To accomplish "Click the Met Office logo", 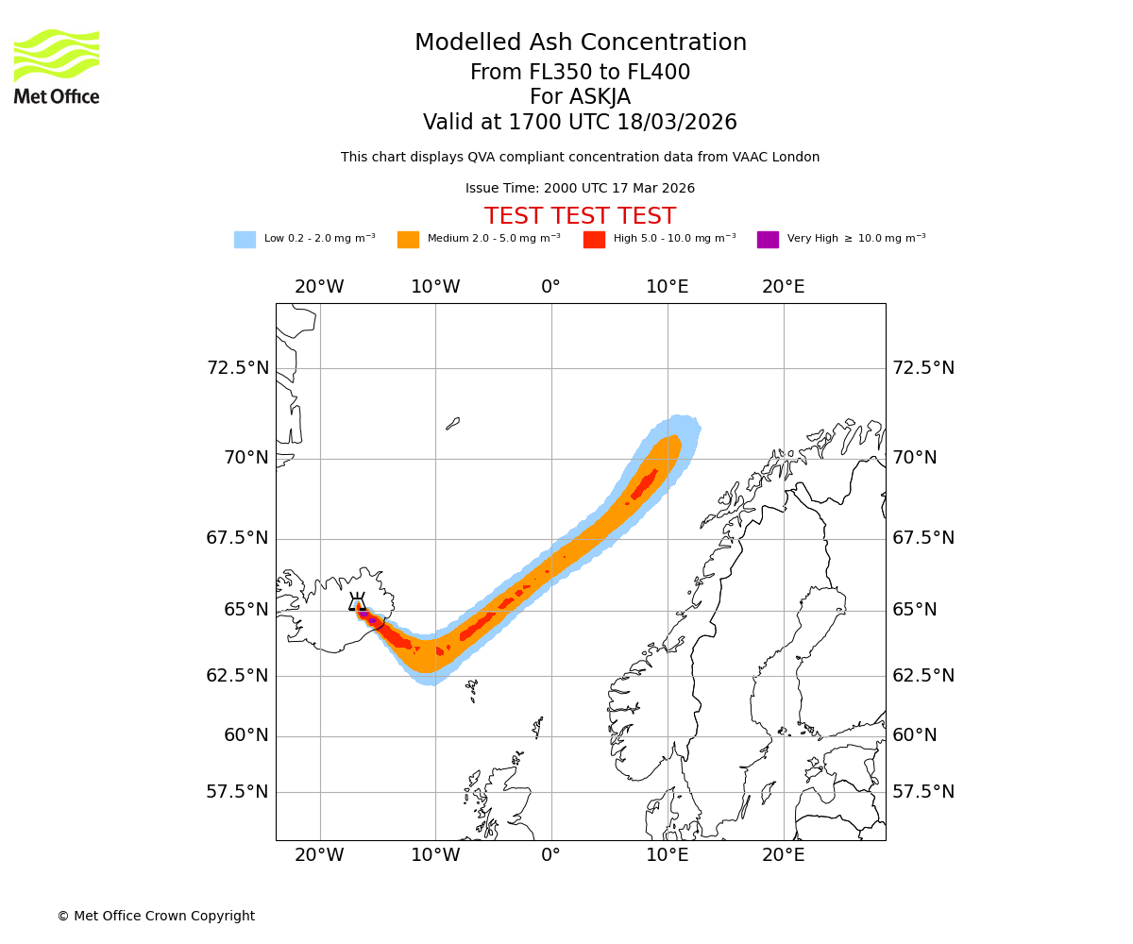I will pyautogui.click(x=57, y=66).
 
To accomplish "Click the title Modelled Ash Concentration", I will pyautogui.click(x=580, y=43).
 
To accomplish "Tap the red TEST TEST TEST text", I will pyautogui.click(x=580, y=217).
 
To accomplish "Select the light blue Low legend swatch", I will pyautogui.click(x=245, y=240).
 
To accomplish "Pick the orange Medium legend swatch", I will pyautogui.click(x=408, y=240).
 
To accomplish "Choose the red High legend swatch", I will pyautogui.click(x=594, y=240).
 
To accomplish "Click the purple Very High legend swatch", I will pyautogui.click(x=768, y=240).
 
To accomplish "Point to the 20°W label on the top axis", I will pyautogui.click(x=319, y=287).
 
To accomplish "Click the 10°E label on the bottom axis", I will pyautogui.click(x=668, y=855).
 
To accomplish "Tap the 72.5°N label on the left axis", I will pyautogui.click(x=238, y=368).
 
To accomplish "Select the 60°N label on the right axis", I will pyautogui.click(x=915, y=735).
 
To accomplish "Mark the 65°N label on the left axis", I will pyautogui.click(x=245, y=610).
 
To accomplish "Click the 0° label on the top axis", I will pyautogui.click(x=551, y=287).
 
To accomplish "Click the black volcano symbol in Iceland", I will pyautogui.click(x=357, y=602).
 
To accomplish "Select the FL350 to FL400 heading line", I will pyautogui.click(x=580, y=73).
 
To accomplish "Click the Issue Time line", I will pyautogui.click(x=580, y=189).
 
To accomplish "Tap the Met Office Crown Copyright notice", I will pyautogui.click(x=156, y=917).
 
